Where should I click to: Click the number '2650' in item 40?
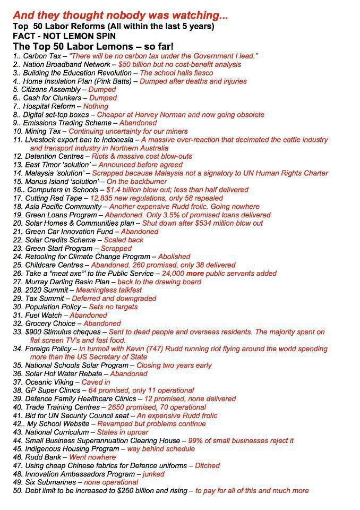[x=119, y=407]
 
